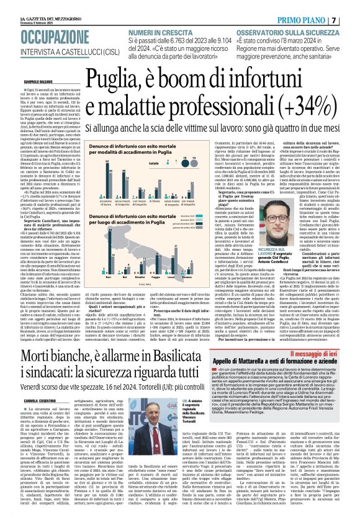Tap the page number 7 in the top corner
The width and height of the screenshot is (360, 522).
pyautogui.click(x=351, y=20)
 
